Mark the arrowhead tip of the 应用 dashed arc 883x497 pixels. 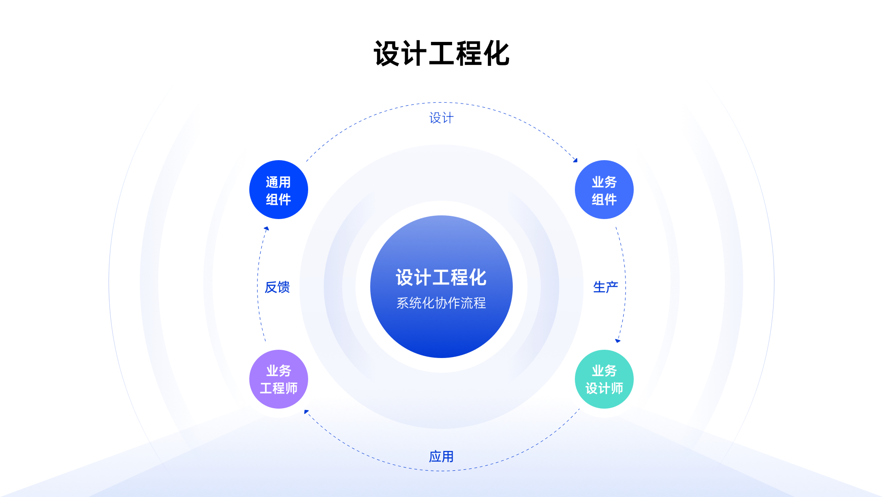(x=304, y=410)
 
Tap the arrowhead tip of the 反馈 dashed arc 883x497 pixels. (x=267, y=226)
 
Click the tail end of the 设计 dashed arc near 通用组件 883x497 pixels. (x=306, y=161)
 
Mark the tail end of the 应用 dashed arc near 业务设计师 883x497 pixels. (x=579, y=409)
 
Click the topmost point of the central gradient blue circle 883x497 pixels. (x=441, y=215)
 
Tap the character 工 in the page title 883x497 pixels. (x=441, y=54)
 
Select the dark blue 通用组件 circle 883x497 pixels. (x=279, y=190)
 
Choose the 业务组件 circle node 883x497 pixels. (x=604, y=190)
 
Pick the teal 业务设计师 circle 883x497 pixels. (x=604, y=379)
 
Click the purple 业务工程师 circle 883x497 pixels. (x=279, y=379)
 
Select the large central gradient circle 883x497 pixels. (x=441, y=287)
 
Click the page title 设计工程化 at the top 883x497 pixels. (x=441, y=54)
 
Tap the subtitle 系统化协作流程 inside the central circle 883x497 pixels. (x=441, y=303)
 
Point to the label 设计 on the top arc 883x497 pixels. (x=441, y=118)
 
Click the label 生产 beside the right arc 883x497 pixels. (x=606, y=287)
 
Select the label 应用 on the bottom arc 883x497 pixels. (x=441, y=457)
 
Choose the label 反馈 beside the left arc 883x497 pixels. (x=277, y=287)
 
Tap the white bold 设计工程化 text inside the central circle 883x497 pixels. (x=441, y=277)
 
